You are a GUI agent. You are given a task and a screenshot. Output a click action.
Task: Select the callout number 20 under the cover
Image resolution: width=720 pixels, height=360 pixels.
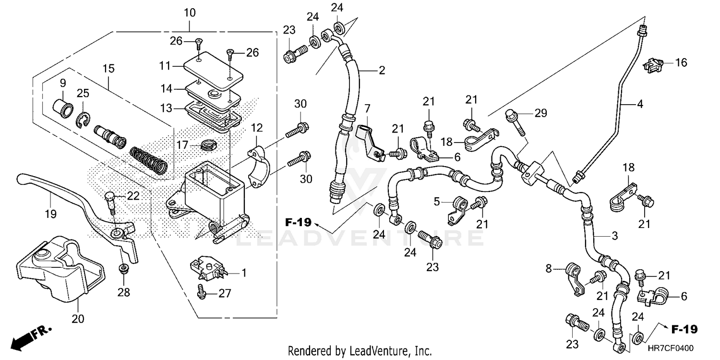click(78, 319)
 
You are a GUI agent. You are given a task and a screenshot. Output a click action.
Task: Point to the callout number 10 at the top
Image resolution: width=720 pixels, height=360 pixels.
click(190, 12)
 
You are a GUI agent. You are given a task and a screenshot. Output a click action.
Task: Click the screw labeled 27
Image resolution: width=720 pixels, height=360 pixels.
click(202, 291)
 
